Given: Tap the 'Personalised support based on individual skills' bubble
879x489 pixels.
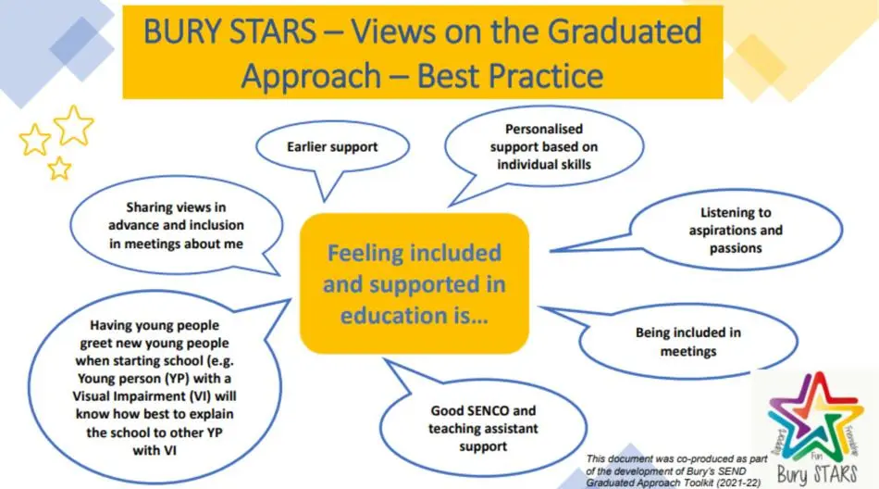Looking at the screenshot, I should (x=543, y=147).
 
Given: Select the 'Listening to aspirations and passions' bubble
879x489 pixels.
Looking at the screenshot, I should (x=736, y=230).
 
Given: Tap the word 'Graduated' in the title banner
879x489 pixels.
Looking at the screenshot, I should (x=610, y=32).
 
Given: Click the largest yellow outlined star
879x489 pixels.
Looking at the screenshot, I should (x=74, y=124).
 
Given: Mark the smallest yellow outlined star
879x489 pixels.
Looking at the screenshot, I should (x=59, y=168).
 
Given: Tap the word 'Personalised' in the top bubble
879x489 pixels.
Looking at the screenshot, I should (x=543, y=130).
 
